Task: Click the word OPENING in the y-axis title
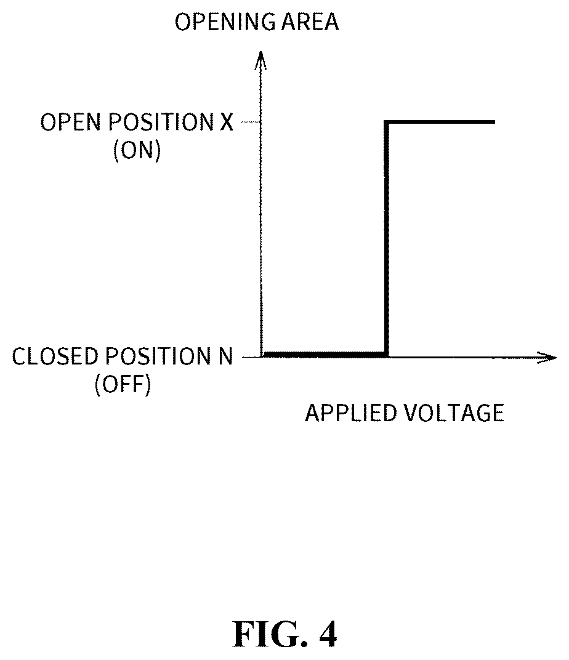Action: coord(225,22)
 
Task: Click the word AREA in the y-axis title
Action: coord(310,22)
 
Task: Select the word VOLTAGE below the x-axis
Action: coord(454,413)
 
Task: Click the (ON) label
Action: coord(137,150)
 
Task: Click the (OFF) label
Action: coord(123,384)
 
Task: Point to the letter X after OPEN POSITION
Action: coord(227,122)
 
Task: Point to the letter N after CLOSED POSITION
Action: coord(225,356)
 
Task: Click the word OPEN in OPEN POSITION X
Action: coord(71,122)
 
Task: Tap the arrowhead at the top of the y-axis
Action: coord(261,59)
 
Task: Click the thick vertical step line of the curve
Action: coord(386,239)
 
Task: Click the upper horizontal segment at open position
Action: coord(440,122)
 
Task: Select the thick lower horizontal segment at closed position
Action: coord(324,355)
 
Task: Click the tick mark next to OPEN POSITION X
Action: coord(250,122)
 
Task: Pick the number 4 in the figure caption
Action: coord(328,634)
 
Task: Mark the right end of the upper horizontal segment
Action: coord(495,122)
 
